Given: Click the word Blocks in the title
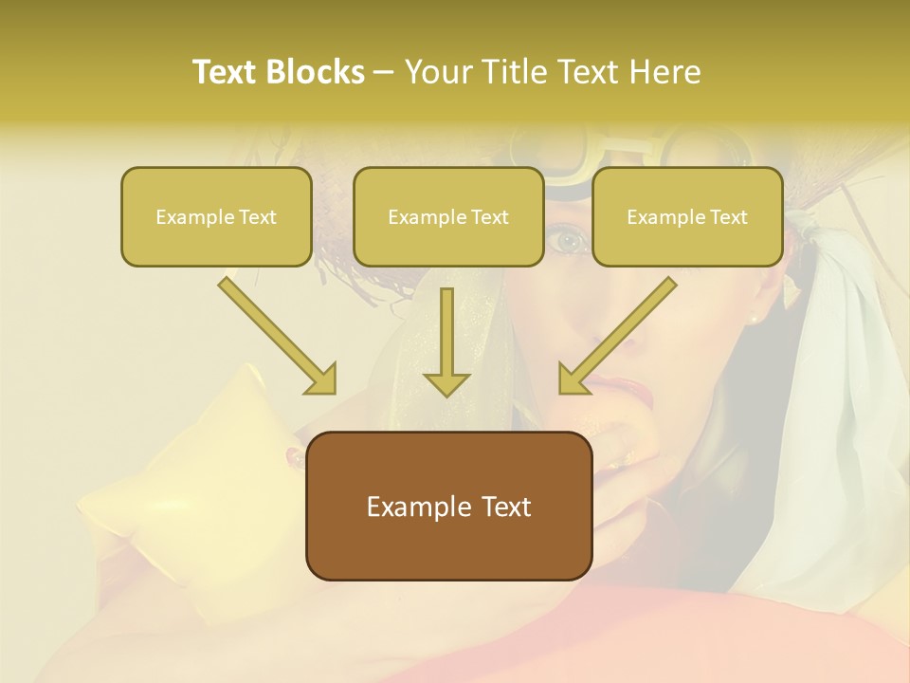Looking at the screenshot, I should [x=315, y=72].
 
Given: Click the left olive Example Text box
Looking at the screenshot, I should [x=216, y=216].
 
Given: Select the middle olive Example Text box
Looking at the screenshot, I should [x=448, y=216].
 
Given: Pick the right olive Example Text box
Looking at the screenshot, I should [x=687, y=216].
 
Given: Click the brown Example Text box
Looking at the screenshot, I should [x=448, y=506].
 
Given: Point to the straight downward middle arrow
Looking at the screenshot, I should [x=446, y=341].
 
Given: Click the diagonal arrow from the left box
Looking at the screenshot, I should [x=277, y=335].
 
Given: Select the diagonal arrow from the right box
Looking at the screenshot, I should [x=618, y=335].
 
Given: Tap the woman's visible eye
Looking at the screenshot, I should [x=570, y=241].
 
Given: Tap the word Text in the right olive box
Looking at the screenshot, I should [x=728, y=217].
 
